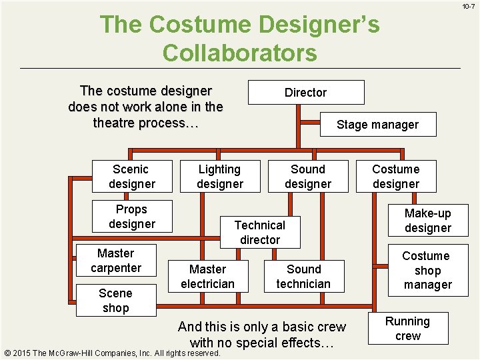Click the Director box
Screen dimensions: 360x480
pyautogui.click(x=306, y=93)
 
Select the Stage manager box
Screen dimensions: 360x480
pyautogui.click(x=377, y=125)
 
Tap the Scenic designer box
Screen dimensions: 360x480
pyautogui.click(x=131, y=177)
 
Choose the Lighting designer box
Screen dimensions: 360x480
pyautogui.click(x=219, y=177)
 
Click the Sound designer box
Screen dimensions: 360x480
pyautogui.click(x=307, y=177)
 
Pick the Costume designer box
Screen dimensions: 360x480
pyautogui.click(x=395, y=177)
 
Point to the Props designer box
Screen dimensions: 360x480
pyautogui.click(x=131, y=217)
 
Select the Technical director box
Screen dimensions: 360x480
pyautogui.click(x=259, y=232)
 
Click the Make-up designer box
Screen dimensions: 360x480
pyautogui.click(x=427, y=221)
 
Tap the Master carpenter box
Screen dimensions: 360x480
pyautogui.click(x=116, y=261)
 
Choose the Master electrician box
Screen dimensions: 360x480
pyautogui.click(x=207, y=277)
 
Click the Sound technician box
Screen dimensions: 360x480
pyautogui.click(x=303, y=277)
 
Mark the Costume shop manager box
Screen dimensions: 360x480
pyautogui.click(x=427, y=270)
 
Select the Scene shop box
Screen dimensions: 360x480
pyautogui.click(x=115, y=300)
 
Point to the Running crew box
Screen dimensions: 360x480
pyautogui.click(x=407, y=329)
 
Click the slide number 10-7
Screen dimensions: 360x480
pyautogui.click(x=467, y=7)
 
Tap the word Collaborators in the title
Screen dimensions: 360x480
pyautogui.click(x=239, y=52)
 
